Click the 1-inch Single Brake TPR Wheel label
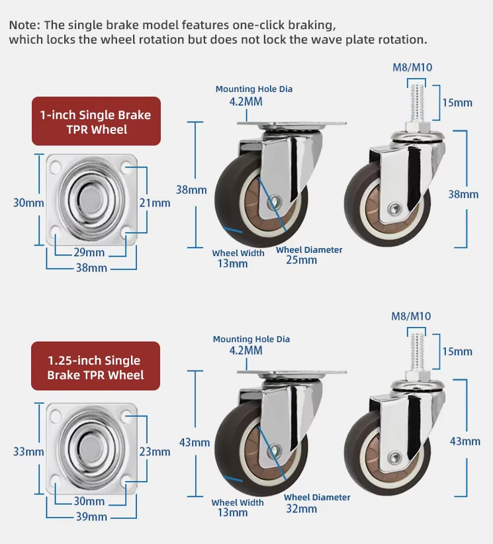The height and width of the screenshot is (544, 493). click(96, 122)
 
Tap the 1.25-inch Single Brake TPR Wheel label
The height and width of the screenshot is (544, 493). click(95, 367)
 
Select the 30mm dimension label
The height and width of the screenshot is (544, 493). click(28, 203)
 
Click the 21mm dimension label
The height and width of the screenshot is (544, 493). click(155, 203)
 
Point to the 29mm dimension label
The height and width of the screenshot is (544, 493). click(89, 252)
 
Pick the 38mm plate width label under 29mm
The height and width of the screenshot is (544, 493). click(91, 268)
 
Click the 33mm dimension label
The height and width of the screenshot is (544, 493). click(28, 452)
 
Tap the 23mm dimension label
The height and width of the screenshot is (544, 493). click(155, 452)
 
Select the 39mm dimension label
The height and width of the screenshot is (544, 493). click(91, 517)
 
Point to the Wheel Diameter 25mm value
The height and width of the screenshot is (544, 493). click(302, 260)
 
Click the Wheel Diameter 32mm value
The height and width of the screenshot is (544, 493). click(302, 509)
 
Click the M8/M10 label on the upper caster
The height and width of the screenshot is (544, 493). click(412, 68)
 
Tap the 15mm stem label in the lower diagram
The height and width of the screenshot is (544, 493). click(457, 351)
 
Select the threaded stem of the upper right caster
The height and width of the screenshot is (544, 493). click(417, 103)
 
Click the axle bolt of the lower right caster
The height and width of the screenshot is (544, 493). click(394, 458)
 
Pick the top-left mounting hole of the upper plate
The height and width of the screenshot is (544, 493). click(56, 168)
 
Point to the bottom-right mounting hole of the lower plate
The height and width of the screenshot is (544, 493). click(128, 481)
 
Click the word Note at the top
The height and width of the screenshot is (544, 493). click(24, 25)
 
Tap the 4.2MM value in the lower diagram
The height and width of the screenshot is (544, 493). click(246, 350)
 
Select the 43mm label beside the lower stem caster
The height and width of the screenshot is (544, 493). click(465, 441)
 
